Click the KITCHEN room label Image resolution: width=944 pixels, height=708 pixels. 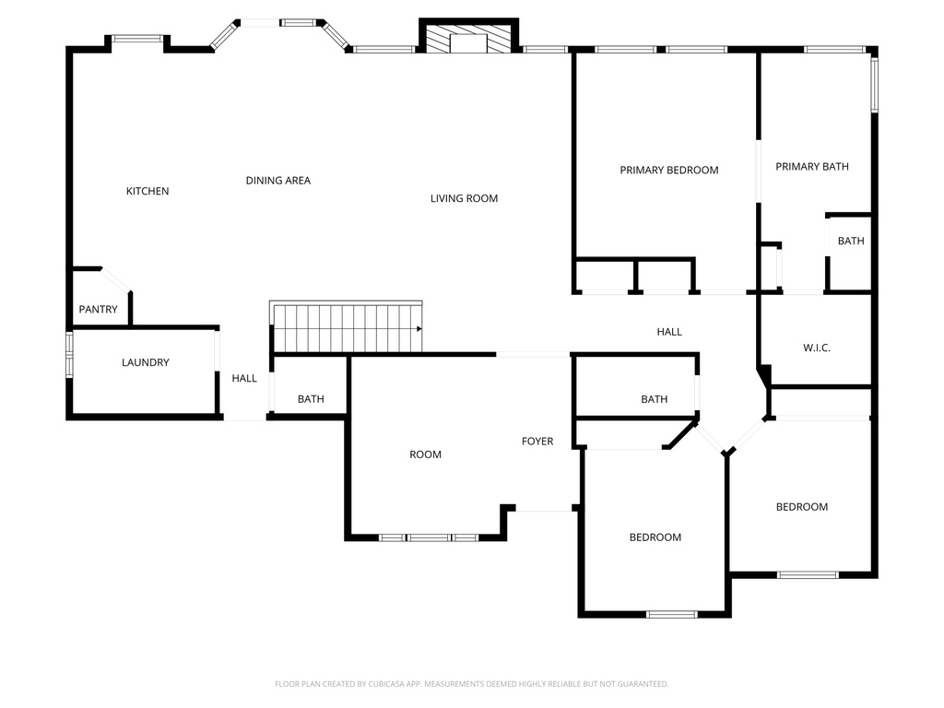click(x=147, y=192)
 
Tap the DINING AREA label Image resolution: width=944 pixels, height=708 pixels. click(x=277, y=181)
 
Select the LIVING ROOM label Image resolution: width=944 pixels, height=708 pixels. click(x=464, y=198)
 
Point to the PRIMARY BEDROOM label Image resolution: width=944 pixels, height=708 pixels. click(x=668, y=171)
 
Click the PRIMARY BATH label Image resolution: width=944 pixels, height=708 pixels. click(x=811, y=167)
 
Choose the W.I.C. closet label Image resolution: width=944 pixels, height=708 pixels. click(x=817, y=348)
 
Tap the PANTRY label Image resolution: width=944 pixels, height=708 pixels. click(x=98, y=310)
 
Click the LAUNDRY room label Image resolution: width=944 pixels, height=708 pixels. click(x=146, y=362)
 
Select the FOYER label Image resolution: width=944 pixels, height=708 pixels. click(x=537, y=442)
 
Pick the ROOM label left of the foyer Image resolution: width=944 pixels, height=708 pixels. click(x=425, y=454)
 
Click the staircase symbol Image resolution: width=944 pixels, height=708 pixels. click(x=346, y=328)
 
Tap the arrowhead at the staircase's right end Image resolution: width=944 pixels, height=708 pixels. click(x=419, y=328)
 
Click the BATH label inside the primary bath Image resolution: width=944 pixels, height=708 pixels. click(x=851, y=242)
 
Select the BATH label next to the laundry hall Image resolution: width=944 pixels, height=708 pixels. click(x=311, y=399)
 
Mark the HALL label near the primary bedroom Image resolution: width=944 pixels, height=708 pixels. click(x=669, y=332)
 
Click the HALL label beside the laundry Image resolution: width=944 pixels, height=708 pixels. click(x=244, y=378)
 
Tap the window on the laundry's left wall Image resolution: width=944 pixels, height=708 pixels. click(x=69, y=355)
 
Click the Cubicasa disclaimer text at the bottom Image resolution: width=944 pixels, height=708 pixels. click(x=471, y=684)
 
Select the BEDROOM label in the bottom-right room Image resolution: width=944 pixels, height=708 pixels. click(x=801, y=507)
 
